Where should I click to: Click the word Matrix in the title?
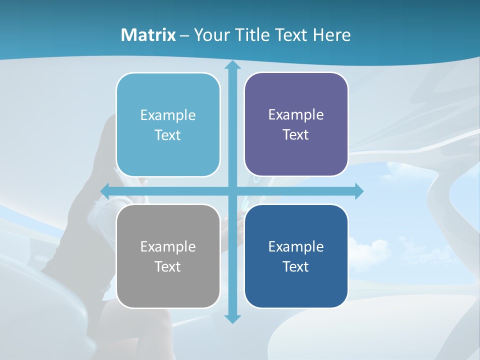[148, 35]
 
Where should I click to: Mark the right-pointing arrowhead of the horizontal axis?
[359, 191]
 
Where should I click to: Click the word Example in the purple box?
[296, 115]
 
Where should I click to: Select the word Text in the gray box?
[168, 266]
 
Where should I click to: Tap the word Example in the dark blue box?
[296, 246]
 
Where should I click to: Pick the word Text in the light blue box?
[168, 135]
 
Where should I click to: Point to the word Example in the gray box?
[168, 246]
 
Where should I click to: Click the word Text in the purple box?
[296, 134]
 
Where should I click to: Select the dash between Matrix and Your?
[184, 35]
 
